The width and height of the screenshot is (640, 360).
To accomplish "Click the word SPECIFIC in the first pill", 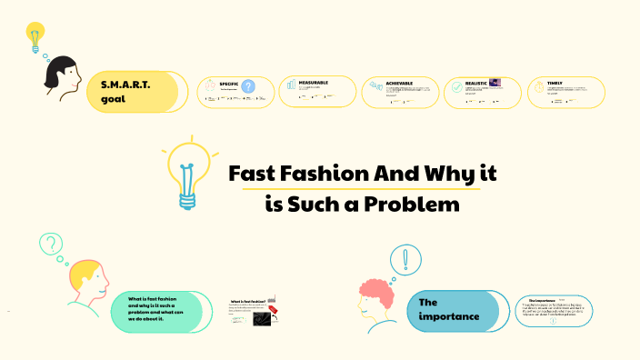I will click(x=229, y=84).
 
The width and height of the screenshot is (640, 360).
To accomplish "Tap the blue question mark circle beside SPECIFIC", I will click(x=247, y=87).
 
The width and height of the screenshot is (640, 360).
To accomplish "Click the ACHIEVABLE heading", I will click(x=399, y=83).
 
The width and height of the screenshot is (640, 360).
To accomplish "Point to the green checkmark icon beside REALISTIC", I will click(x=456, y=88).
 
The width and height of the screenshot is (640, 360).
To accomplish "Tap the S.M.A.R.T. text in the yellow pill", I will click(x=125, y=84).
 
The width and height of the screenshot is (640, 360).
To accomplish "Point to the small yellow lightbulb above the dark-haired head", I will click(x=35, y=36).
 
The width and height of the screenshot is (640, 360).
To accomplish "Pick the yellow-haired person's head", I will click(x=85, y=280).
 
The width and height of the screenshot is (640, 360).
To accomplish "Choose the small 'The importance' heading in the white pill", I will click(x=542, y=299).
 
